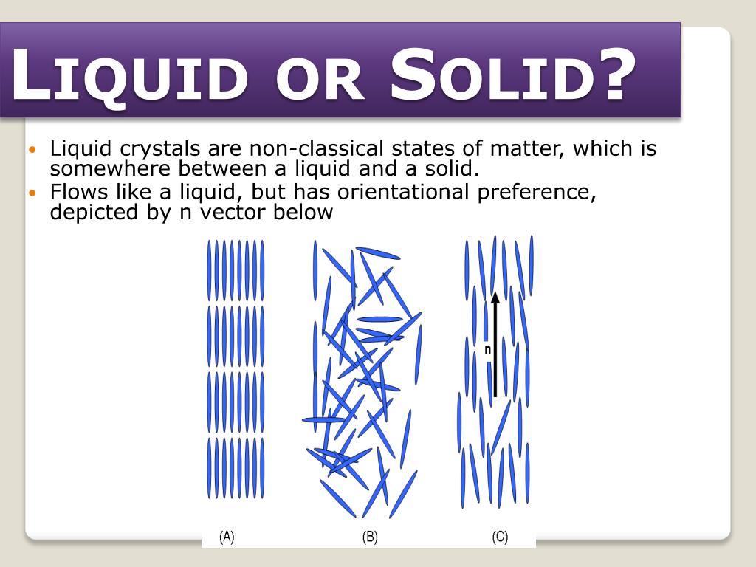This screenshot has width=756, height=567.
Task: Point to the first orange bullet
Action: click(31, 150)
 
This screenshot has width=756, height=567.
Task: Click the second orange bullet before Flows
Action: click(31, 193)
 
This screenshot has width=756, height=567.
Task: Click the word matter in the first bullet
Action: click(527, 148)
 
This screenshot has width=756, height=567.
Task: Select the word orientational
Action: click(409, 192)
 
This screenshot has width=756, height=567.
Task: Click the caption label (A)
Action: click(227, 537)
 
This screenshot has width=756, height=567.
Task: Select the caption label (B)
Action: click(370, 537)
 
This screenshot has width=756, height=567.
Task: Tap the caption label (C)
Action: click(500, 537)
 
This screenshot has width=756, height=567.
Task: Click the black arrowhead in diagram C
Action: click(495, 298)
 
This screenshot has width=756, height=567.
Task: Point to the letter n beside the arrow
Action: click(487, 349)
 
